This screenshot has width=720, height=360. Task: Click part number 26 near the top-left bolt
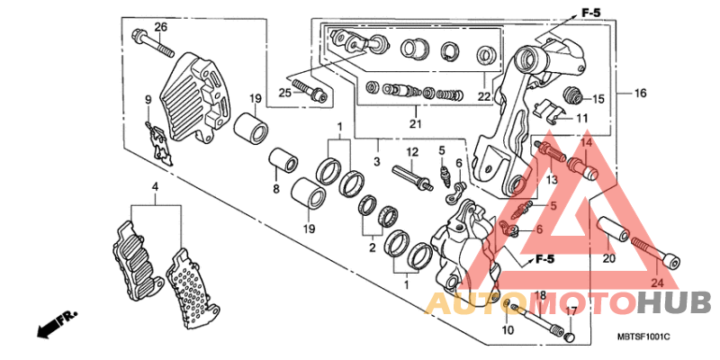(x=161, y=26)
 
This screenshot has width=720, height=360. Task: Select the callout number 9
(x=148, y=98)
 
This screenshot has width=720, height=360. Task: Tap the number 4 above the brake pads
(x=154, y=187)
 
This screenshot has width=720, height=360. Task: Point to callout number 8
(x=276, y=188)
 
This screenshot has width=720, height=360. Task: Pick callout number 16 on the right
(x=640, y=94)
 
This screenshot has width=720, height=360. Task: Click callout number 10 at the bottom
(x=508, y=331)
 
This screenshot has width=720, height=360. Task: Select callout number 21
(x=415, y=123)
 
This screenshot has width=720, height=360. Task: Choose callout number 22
(x=483, y=96)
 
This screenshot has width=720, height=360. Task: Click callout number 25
(x=283, y=93)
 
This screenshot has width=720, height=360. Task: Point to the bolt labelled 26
(x=143, y=40)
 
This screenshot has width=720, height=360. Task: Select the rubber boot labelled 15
(x=570, y=95)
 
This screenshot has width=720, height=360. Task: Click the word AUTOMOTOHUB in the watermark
(x=567, y=304)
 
